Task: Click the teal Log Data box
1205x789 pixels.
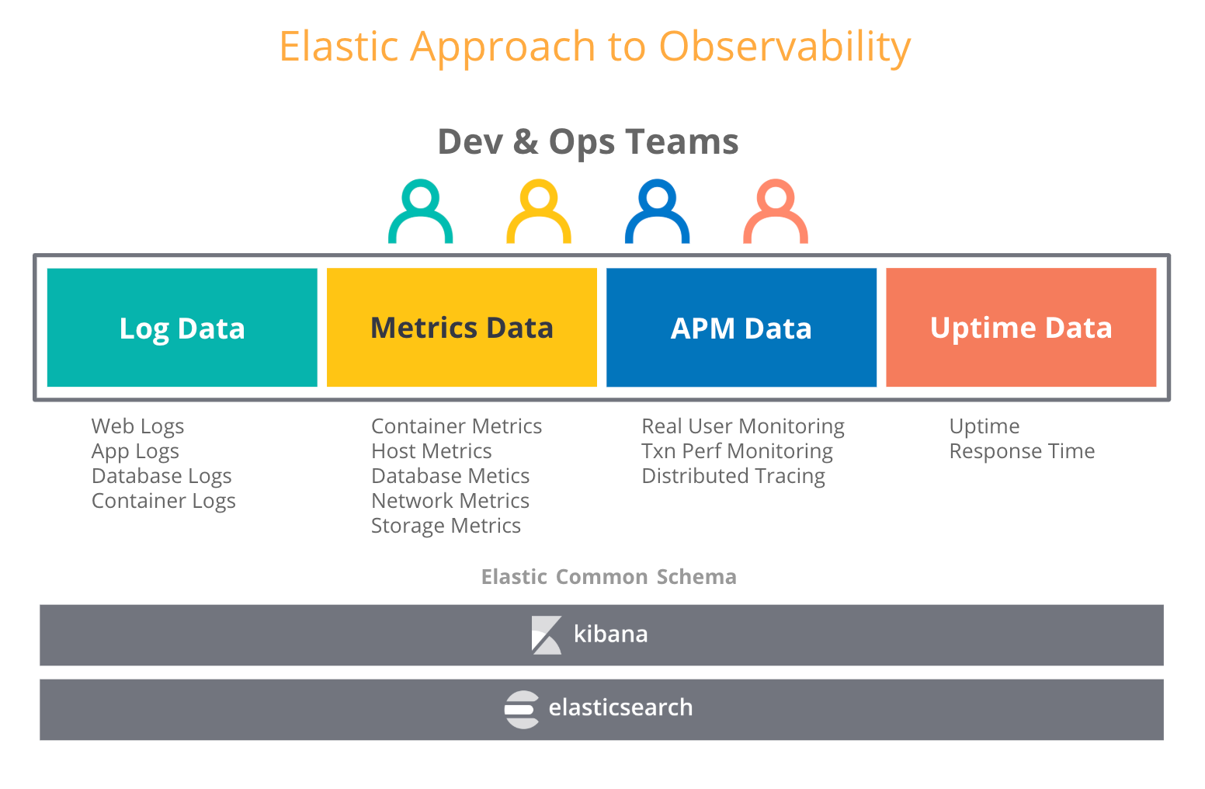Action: (182, 327)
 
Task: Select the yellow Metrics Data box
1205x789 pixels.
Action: (461, 327)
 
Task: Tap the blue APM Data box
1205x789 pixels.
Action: (741, 327)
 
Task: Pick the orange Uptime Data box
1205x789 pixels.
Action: (1021, 327)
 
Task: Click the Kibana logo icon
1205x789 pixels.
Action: (546, 635)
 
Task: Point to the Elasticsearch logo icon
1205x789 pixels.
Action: (521, 709)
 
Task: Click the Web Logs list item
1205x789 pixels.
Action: (137, 427)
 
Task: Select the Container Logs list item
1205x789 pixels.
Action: (164, 501)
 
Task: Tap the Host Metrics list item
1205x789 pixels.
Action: (432, 451)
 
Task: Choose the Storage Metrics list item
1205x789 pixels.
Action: (446, 526)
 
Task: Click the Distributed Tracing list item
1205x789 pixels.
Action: (733, 476)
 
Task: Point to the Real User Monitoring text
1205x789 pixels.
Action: (743, 427)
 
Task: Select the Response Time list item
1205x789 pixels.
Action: (1022, 451)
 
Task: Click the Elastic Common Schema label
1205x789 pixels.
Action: (609, 576)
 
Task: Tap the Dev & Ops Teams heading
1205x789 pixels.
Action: (588, 142)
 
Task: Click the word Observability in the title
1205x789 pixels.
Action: (785, 47)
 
